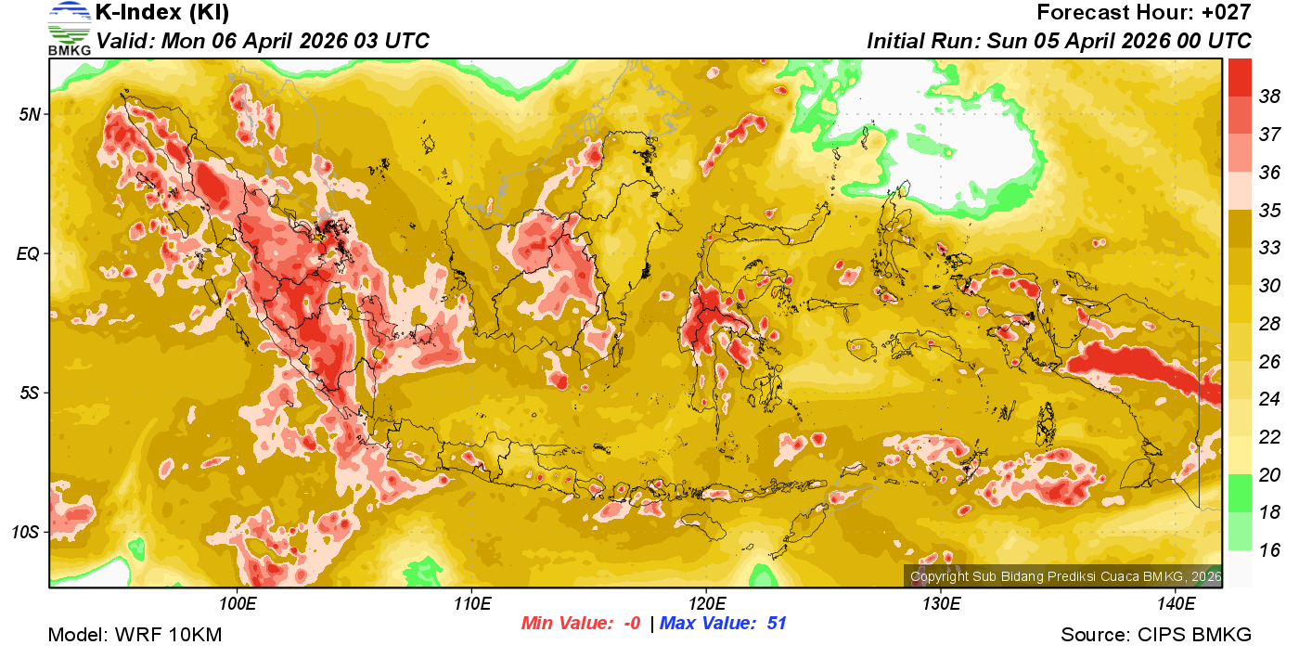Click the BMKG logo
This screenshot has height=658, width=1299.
[70, 28]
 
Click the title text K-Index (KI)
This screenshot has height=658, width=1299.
[162, 13]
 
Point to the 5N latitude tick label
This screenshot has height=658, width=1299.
[30, 114]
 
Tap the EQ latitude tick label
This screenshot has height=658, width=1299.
[30, 253]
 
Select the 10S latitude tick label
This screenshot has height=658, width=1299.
[26, 533]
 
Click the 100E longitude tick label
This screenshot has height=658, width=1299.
[238, 603]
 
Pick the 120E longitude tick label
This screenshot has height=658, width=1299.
[707, 603]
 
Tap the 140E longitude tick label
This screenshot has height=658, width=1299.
[1176, 603]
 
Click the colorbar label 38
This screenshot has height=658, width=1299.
[1269, 96]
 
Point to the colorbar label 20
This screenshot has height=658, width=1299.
[1269, 474]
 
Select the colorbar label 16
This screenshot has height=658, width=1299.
[1269, 550]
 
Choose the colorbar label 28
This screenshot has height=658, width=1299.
[1269, 323]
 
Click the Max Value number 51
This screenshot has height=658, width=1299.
[777, 624]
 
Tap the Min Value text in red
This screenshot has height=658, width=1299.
[566, 624]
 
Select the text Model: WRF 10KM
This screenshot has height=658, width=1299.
[135, 636]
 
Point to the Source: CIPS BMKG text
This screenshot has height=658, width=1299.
[1156, 636]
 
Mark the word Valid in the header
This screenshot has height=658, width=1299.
[126, 41]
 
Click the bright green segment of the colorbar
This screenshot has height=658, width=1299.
[1240, 493]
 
